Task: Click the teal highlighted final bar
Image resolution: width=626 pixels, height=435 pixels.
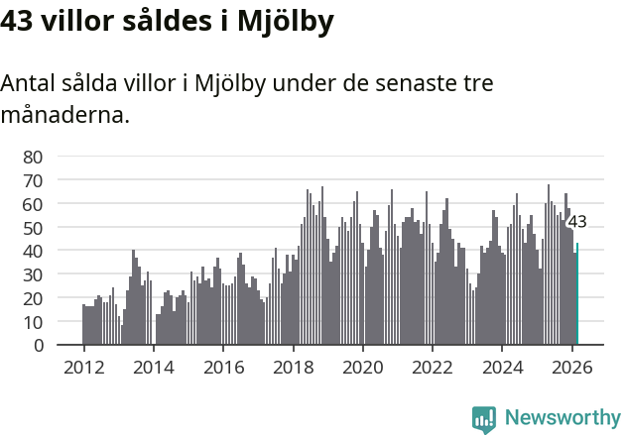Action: click(577, 294)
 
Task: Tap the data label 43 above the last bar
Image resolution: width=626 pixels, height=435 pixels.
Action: click(577, 222)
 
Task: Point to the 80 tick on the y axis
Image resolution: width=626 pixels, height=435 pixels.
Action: click(33, 157)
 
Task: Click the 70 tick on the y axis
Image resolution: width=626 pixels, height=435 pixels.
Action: click(33, 180)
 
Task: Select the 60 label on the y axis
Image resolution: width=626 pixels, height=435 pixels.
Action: click(33, 204)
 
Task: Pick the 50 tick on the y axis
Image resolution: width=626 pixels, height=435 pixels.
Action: click(33, 228)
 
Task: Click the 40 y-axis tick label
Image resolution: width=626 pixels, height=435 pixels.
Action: click(33, 251)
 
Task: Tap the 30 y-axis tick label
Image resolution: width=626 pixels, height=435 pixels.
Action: click(33, 274)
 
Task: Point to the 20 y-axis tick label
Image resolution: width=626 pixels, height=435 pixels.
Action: click(33, 298)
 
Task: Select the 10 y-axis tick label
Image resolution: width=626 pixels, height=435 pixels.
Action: click(33, 322)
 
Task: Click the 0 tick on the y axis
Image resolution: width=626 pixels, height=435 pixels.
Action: click(38, 346)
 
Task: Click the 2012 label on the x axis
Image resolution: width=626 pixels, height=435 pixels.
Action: click(83, 367)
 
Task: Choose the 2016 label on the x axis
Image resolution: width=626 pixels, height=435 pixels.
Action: click(223, 367)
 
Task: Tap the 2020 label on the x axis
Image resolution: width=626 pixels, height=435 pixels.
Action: click(363, 367)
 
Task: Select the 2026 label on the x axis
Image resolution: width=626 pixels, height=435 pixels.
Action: click(572, 367)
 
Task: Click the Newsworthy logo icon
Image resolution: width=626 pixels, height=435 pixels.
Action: click(484, 418)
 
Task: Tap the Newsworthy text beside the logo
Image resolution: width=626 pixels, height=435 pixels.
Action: click(563, 418)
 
